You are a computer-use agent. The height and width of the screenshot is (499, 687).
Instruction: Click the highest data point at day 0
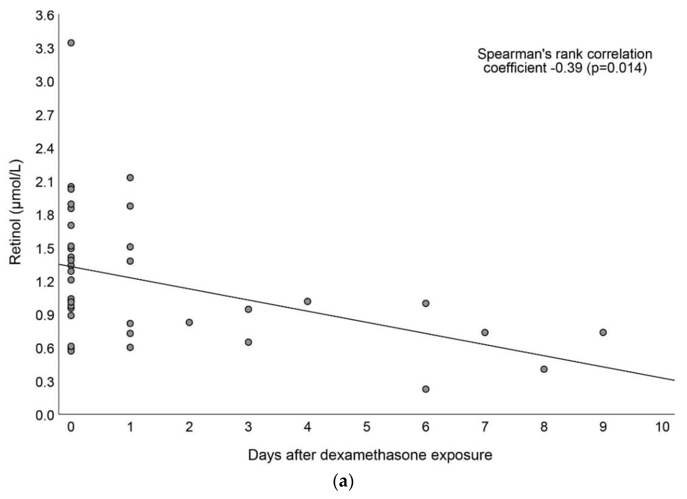71,43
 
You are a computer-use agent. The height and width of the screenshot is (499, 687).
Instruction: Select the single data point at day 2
189,322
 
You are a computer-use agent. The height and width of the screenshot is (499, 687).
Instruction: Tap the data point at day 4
307,301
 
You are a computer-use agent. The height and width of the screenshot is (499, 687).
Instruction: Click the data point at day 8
544,369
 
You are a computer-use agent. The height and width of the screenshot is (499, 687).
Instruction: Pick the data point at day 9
603,332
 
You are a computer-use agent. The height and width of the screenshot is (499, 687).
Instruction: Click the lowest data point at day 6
425,389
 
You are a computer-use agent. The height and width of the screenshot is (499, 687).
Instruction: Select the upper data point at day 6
425,303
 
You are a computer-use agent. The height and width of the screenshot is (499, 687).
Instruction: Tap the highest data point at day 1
130,177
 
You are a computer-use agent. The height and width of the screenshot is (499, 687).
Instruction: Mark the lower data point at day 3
248,342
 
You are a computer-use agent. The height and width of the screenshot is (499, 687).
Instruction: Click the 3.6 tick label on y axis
45,16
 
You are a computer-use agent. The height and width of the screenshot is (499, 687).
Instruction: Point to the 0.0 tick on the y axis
45,415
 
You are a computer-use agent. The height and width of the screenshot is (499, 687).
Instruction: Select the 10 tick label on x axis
662,427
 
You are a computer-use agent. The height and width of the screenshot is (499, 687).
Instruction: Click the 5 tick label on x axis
366,427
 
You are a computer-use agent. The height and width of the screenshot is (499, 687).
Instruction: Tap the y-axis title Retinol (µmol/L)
16,212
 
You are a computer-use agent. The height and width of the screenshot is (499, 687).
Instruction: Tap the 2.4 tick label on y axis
45,149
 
